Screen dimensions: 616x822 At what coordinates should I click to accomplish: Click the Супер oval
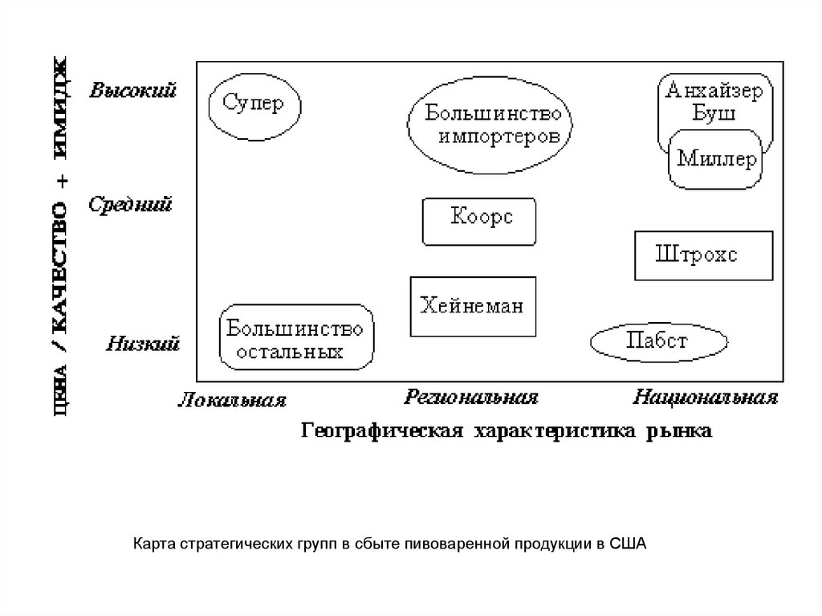point(254,105)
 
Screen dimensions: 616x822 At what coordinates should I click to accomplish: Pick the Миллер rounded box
point(716,160)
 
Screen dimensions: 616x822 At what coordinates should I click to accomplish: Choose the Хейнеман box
point(472,306)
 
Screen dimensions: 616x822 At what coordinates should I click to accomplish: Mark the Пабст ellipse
point(659,343)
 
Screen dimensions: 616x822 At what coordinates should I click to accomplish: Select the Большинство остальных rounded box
point(295,338)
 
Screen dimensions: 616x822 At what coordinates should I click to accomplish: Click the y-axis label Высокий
point(133,90)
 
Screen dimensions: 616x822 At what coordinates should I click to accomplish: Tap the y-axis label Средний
point(132,205)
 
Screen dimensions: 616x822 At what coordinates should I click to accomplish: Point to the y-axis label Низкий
point(142,345)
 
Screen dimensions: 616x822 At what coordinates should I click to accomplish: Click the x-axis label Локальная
point(233,400)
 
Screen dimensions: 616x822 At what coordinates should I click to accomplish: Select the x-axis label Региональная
point(471,396)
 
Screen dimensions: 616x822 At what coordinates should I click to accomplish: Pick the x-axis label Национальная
point(706,397)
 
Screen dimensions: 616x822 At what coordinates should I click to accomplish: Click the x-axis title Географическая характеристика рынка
point(505,432)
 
